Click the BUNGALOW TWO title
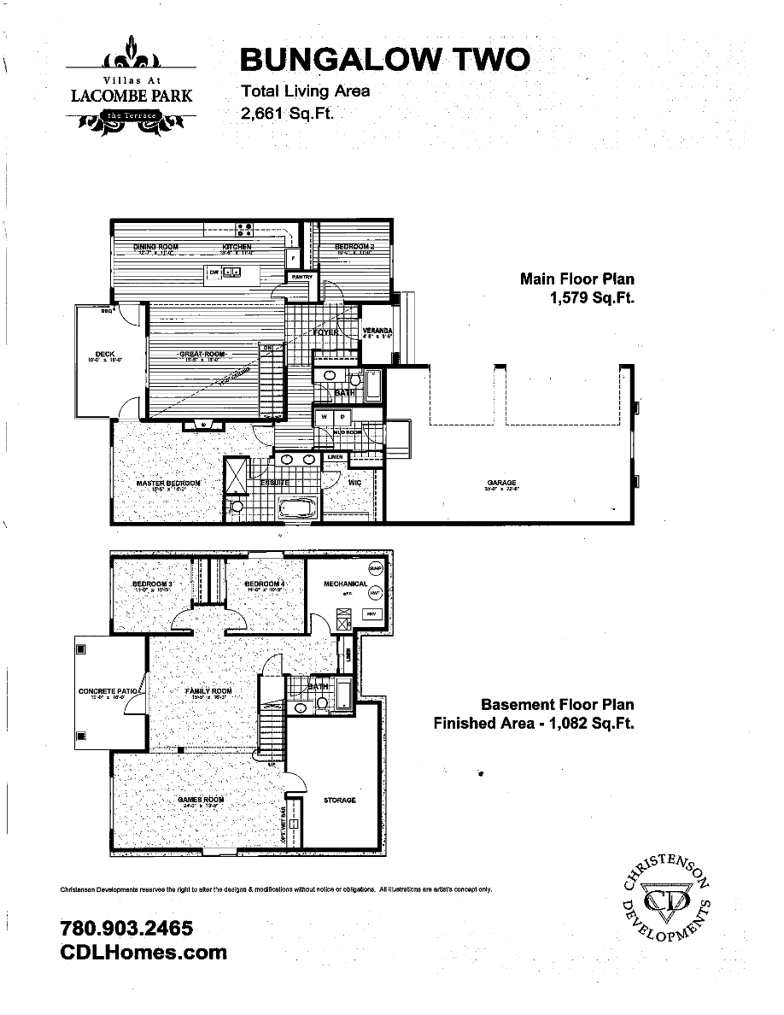pos(384,60)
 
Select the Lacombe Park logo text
pos(131,96)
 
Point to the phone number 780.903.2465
pos(126,928)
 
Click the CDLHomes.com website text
pos(144,952)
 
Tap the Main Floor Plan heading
pos(577,279)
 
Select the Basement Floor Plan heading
pos(557,705)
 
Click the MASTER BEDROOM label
pos(168,484)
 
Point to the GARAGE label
pos(501,484)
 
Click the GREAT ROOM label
pos(202,354)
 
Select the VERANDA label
pos(377,331)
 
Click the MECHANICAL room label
pos(345,584)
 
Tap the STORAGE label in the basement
pos(339,801)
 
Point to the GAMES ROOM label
pos(201,801)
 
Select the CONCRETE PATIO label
pos(108,691)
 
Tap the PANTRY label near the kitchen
pos(301,277)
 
